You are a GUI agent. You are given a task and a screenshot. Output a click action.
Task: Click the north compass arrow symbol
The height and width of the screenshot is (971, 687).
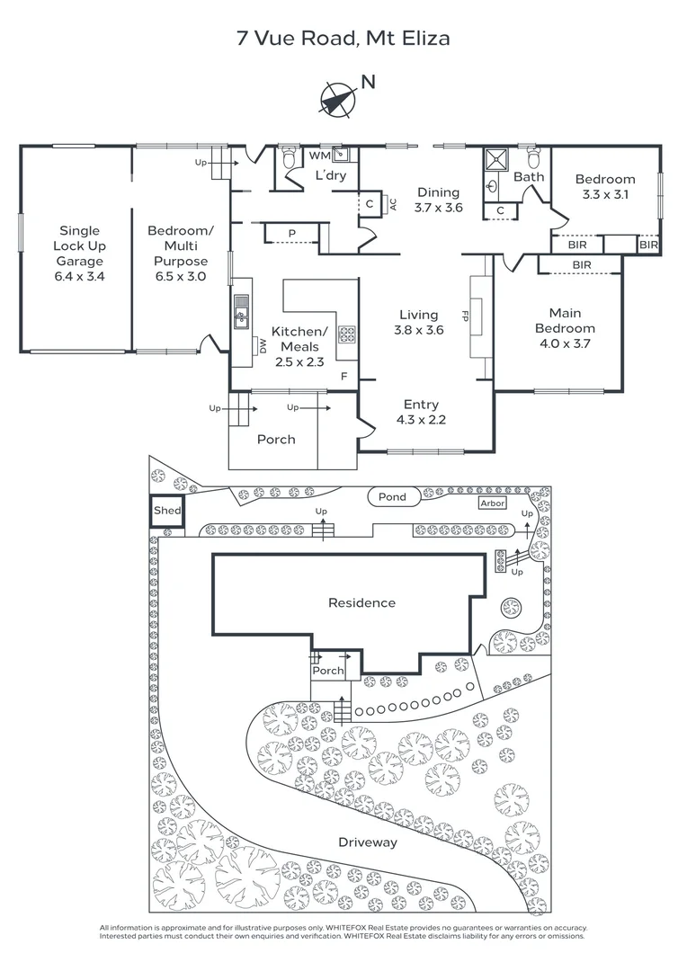(338, 98)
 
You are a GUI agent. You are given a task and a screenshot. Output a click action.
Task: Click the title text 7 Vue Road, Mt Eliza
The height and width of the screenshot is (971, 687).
(343, 38)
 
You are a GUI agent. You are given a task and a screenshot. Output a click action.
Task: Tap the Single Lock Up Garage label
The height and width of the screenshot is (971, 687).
(80, 254)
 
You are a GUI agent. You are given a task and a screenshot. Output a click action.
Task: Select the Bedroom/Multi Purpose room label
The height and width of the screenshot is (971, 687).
(181, 254)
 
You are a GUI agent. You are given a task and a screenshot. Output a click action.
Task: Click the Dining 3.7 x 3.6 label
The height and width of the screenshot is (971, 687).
(438, 200)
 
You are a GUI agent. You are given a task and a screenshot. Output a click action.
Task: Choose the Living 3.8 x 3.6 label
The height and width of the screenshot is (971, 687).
(419, 322)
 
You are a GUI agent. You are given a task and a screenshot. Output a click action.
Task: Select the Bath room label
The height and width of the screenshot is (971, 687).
(529, 177)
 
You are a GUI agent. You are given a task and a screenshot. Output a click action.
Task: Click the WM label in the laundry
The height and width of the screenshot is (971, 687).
(319, 156)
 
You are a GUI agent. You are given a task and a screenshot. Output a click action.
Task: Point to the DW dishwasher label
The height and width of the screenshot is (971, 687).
(263, 345)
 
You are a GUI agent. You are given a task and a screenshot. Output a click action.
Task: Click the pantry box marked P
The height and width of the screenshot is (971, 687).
(292, 233)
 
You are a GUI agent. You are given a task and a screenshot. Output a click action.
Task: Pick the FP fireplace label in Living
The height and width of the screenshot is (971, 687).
(466, 316)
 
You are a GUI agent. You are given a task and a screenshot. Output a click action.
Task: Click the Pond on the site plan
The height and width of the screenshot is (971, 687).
(392, 496)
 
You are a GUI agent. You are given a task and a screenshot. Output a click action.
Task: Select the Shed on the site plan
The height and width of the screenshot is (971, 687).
(167, 511)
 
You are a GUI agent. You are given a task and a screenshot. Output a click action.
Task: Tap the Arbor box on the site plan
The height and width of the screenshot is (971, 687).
(493, 504)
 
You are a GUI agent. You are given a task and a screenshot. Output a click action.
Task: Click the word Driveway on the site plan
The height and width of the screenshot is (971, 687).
(367, 842)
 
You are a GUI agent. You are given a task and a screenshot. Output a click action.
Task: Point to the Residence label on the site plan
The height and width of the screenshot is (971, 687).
(361, 602)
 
